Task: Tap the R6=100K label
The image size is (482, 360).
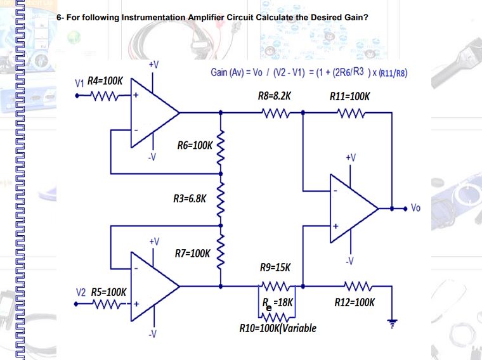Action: click(x=195, y=146)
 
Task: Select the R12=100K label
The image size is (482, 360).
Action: click(x=355, y=302)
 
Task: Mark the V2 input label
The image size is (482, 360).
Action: click(x=81, y=293)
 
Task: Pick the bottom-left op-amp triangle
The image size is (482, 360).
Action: click(x=152, y=285)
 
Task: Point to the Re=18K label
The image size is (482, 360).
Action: click(x=277, y=302)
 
